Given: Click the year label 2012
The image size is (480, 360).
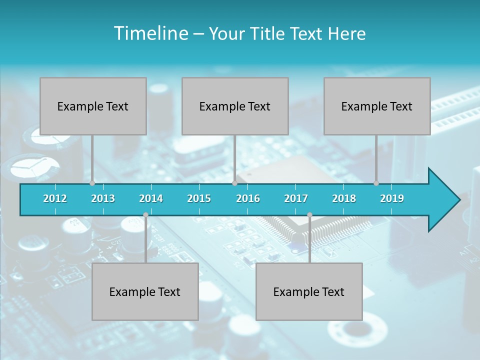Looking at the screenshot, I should (55, 198).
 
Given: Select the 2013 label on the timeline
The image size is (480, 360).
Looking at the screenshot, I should (103, 198).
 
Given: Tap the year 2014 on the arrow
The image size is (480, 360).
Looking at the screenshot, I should (151, 198).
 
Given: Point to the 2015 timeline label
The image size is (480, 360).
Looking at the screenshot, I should (199, 198).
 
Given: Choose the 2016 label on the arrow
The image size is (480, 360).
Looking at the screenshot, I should (248, 198).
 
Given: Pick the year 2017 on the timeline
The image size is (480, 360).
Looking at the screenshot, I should (296, 198).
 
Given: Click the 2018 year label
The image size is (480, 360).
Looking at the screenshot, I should (344, 198).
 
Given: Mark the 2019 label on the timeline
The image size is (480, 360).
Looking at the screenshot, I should (392, 198).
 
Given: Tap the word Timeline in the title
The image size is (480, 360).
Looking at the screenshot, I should (150, 33).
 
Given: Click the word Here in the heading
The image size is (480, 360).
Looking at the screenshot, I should (346, 33).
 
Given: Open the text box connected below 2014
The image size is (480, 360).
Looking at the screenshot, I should (145, 291).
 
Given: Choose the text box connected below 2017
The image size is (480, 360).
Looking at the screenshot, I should (309, 291).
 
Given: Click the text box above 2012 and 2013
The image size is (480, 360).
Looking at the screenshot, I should (93, 106).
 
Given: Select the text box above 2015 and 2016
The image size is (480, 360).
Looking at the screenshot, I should (235, 106).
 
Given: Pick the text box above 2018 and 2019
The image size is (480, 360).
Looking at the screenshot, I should (377, 106).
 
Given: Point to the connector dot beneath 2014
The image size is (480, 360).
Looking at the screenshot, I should (145, 215).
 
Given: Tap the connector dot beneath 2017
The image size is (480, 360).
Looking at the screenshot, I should (309, 215).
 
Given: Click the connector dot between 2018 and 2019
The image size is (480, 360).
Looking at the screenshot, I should (376, 183).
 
